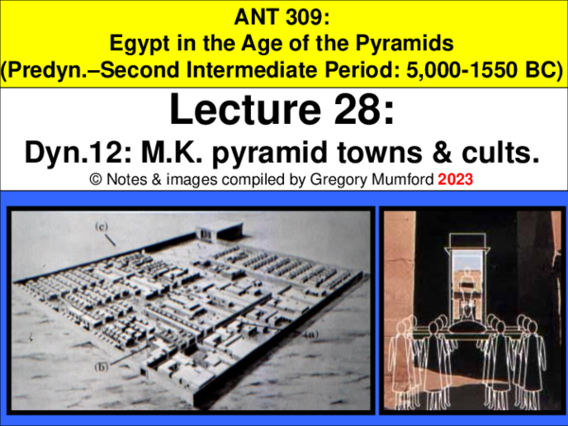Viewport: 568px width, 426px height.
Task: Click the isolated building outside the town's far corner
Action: pyautogui.click(x=216, y=228)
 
